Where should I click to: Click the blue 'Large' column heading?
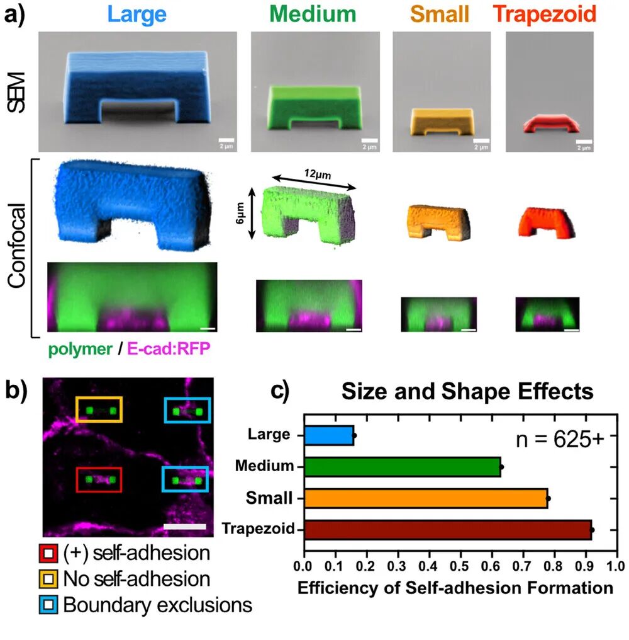click(x=137, y=14)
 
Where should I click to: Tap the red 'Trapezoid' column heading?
click(x=545, y=14)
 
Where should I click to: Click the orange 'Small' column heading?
click(x=441, y=14)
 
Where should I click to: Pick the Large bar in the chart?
click(x=328, y=435)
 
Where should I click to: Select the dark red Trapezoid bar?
click(x=447, y=530)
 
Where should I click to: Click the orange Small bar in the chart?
click(x=425, y=498)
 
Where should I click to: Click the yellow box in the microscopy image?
click(x=98, y=409)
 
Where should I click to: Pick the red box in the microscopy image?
click(x=98, y=480)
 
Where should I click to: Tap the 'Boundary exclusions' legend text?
click(x=157, y=605)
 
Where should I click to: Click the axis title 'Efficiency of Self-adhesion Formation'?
click(x=455, y=589)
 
